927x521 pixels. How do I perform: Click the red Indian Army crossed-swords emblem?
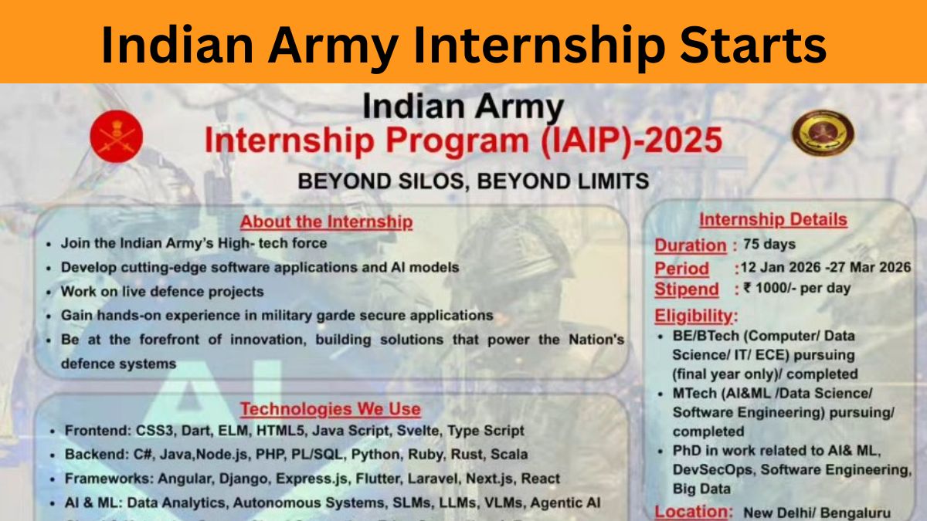click(117, 137)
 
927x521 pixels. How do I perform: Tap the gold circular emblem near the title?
click(823, 132)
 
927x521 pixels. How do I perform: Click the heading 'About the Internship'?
click(326, 222)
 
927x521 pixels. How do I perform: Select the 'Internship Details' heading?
click(772, 220)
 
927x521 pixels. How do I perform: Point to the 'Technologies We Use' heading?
click(330, 409)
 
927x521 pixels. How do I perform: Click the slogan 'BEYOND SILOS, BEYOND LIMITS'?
click(473, 181)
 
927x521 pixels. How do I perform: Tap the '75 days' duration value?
click(769, 245)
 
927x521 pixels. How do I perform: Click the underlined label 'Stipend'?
click(687, 289)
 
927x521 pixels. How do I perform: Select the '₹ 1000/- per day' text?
click(797, 289)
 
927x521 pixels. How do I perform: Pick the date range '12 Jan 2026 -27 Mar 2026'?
click(825, 267)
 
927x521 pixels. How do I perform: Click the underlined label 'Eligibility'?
click(695, 316)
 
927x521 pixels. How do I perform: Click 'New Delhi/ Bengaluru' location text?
click(816, 513)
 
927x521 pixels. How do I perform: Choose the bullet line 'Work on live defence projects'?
click(162, 292)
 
